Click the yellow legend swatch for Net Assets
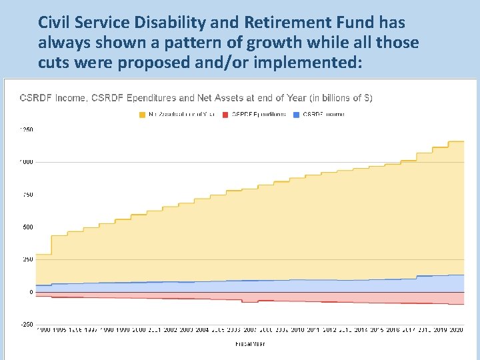click(142, 114)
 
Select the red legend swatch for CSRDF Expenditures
click(226, 114)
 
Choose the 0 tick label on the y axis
click(31, 292)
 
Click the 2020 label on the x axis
click(456, 330)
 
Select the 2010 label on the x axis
click(297, 330)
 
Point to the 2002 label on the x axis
click(170, 330)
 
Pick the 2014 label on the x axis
click(361, 330)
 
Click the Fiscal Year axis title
click(250, 344)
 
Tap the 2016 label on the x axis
click(393, 330)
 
